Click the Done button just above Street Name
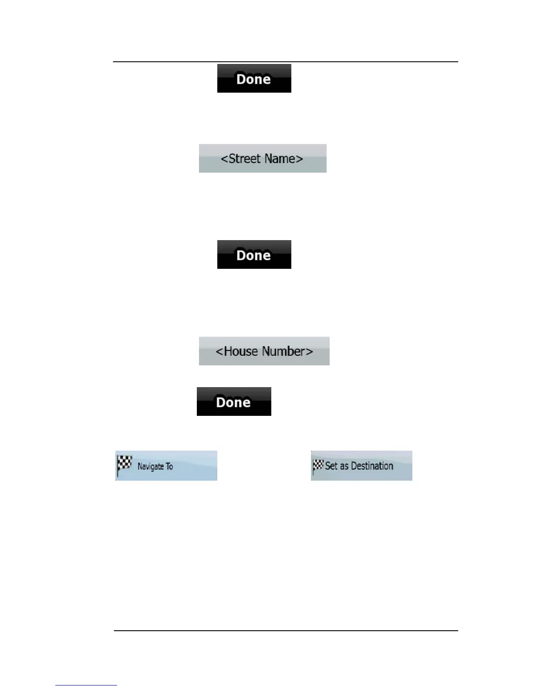pos(254,78)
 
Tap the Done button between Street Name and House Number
pos(254,254)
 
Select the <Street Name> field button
pos(263,158)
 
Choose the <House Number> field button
pos(264,351)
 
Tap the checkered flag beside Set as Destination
pos(318,466)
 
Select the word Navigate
pos(150,467)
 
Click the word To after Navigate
pos(169,466)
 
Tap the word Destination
pos(372,466)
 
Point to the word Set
pos(331,466)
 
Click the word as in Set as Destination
pos(344,466)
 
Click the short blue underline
pos(86,686)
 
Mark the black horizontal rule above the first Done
pos(286,62)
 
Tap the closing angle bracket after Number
pos(309,351)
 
